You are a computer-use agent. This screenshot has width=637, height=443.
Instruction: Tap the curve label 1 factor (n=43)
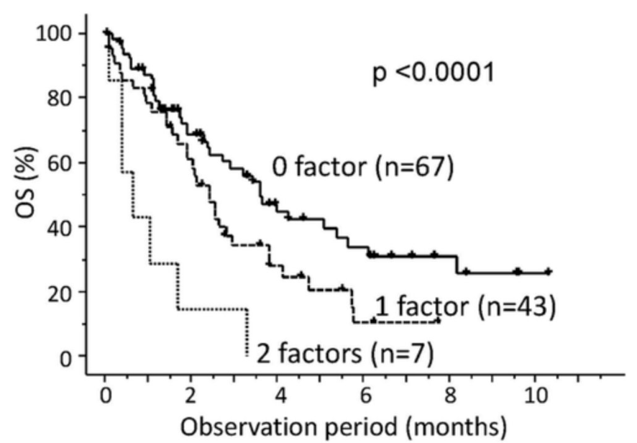click(466, 307)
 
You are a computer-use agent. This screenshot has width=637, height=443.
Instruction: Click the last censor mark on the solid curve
click(548, 272)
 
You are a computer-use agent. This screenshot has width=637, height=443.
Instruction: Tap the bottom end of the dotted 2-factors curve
click(247, 355)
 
